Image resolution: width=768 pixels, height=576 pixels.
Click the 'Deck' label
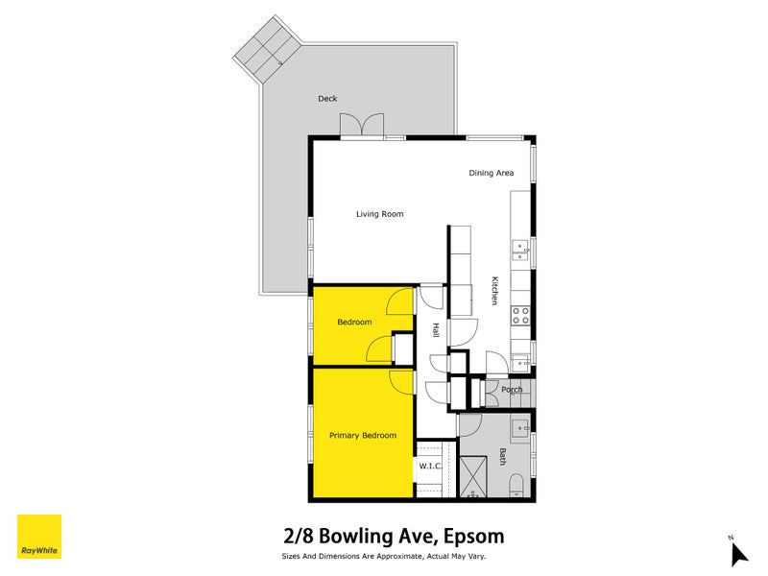pyautogui.click(x=327, y=99)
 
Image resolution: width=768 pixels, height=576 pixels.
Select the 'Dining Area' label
pyautogui.click(x=491, y=173)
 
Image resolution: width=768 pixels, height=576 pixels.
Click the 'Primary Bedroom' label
pyautogui.click(x=363, y=436)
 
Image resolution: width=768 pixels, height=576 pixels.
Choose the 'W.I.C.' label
pyautogui.click(x=429, y=468)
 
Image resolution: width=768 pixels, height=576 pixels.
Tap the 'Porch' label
pyautogui.click(x=513, y=390)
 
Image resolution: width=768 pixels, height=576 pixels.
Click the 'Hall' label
pyautogui.click(x=436, y=329)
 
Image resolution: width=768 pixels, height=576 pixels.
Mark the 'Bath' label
pyautogui.click(x=502, y=458)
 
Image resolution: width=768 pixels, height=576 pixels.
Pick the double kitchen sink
pyautogui.click(x=520, y=250)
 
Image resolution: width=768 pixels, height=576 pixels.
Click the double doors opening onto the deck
pyautogui.click(x=361, y=125)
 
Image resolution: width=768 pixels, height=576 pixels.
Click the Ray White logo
pyautogui.click(x=39, y=537)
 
